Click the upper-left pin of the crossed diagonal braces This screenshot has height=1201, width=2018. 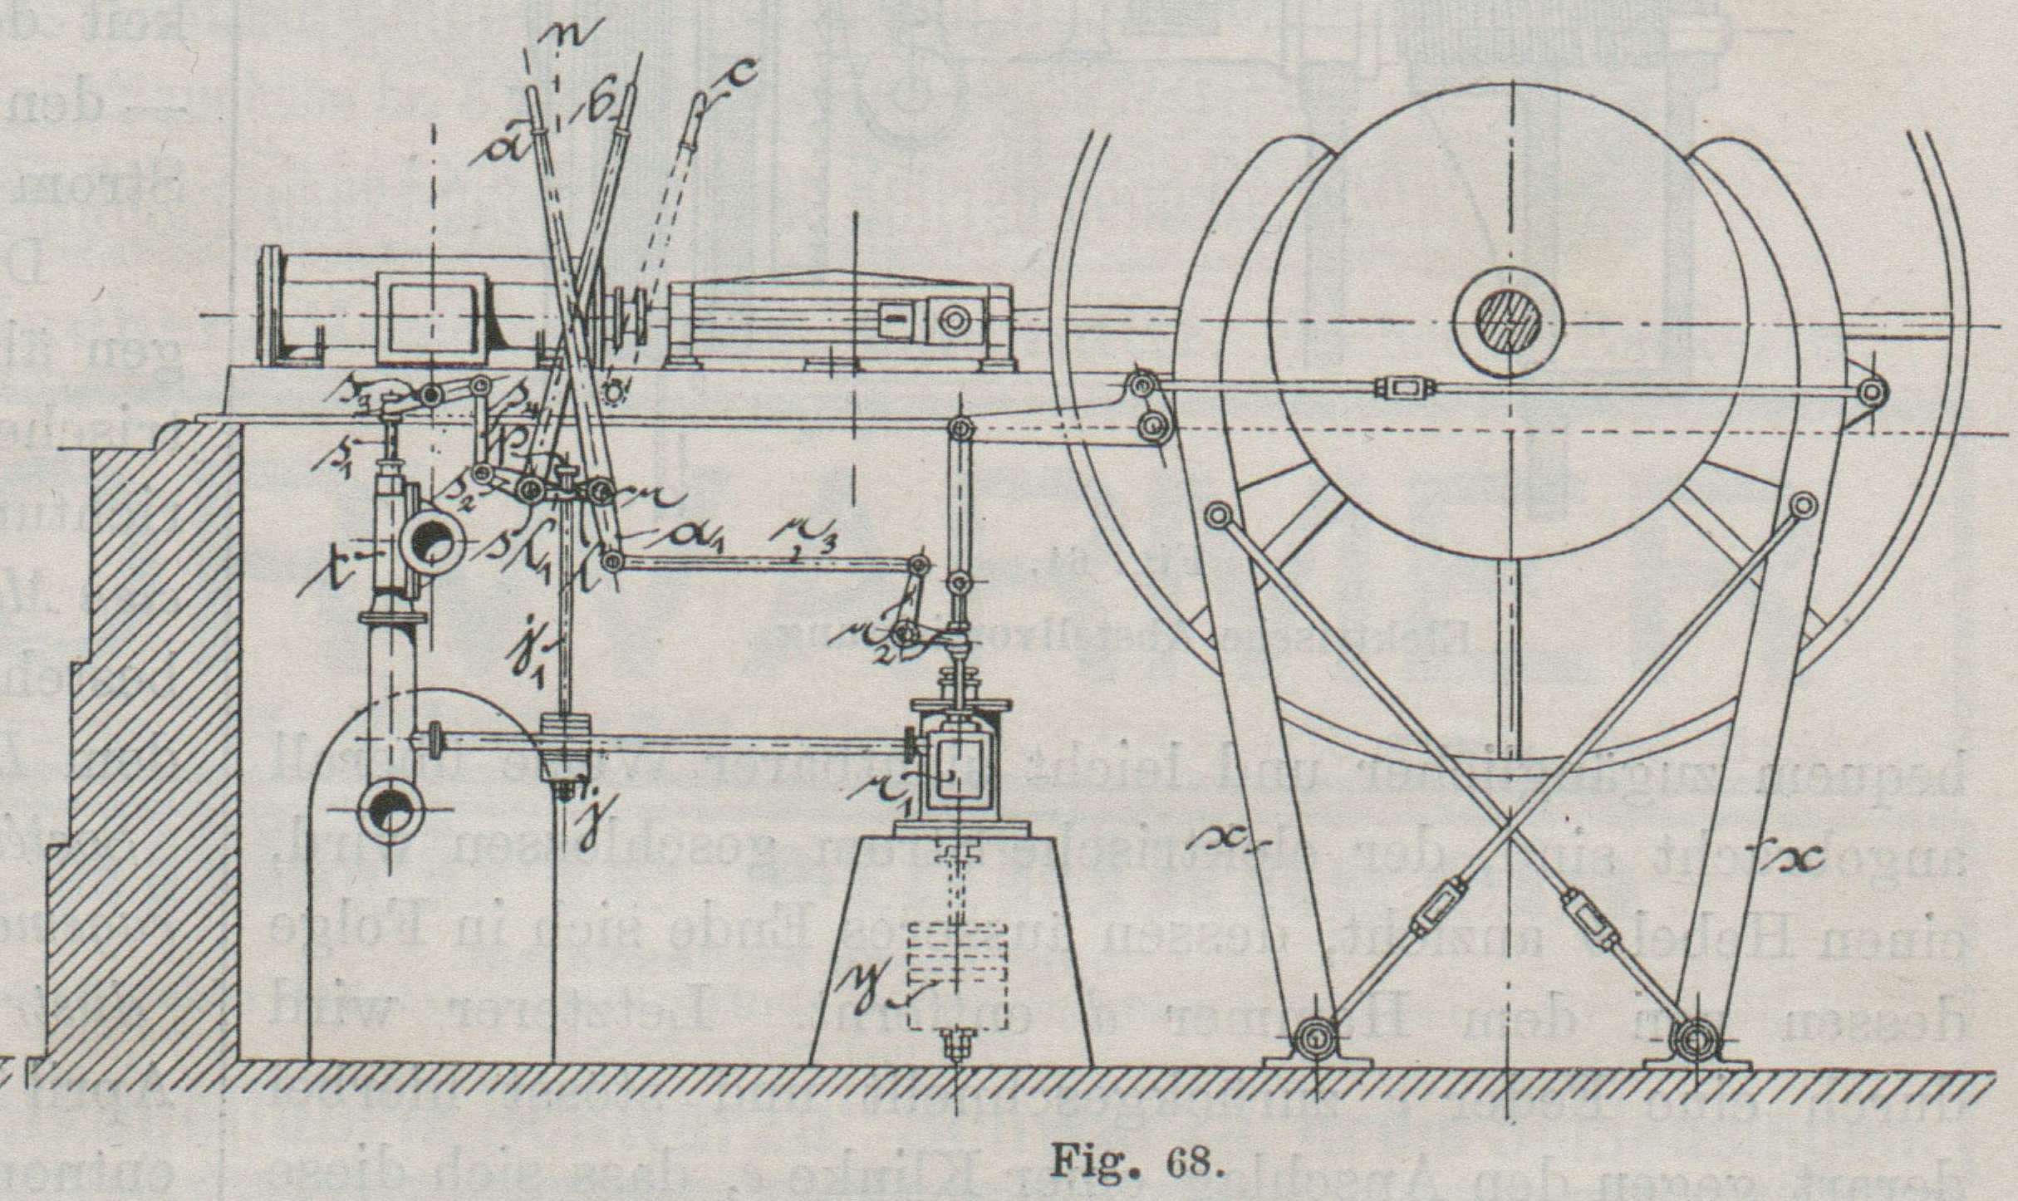click(x=1217, y=516)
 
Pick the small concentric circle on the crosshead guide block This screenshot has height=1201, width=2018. click(x=954, y=321)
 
